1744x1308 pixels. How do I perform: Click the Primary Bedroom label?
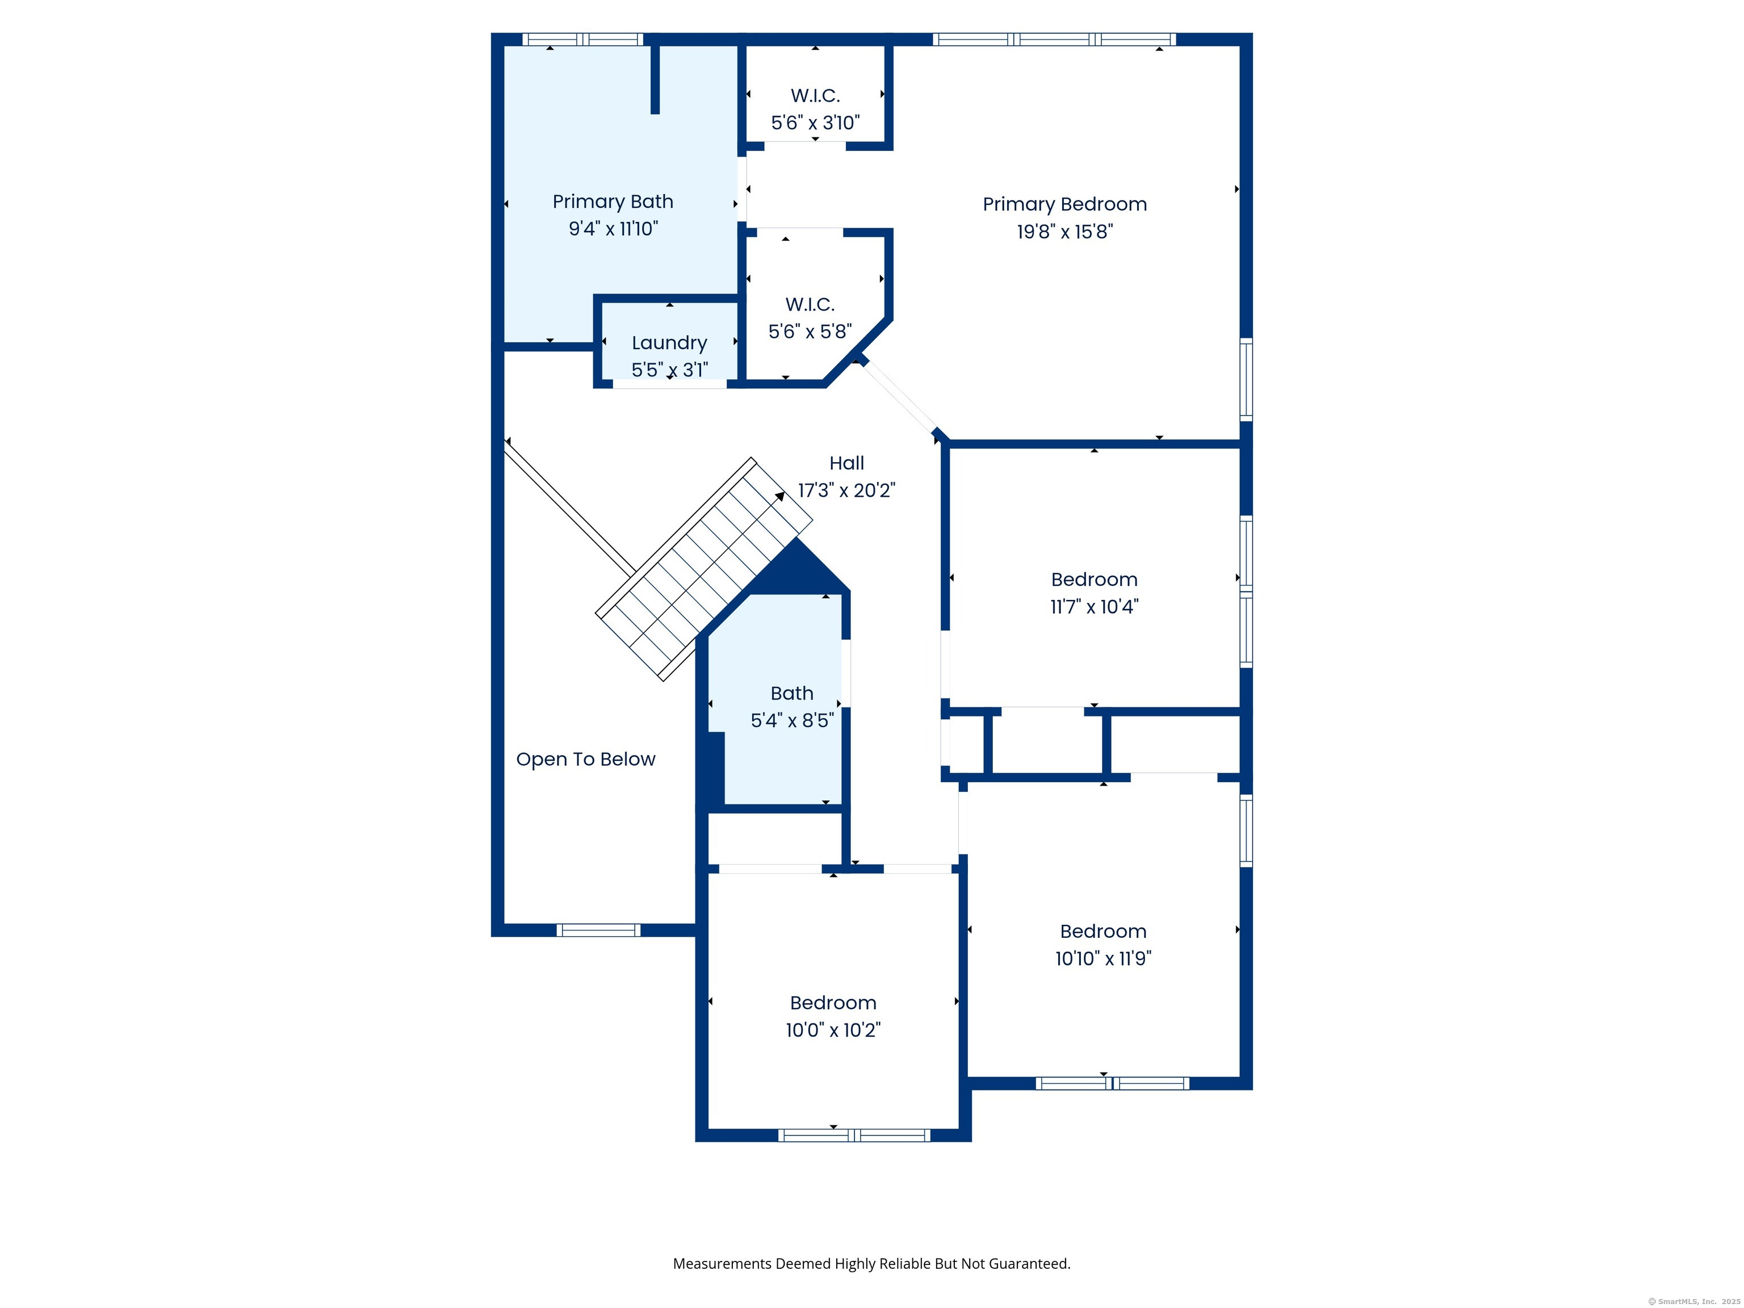pos(1064,204)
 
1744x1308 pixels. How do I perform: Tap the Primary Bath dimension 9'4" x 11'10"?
pos(613,229)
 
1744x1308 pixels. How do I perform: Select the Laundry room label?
pos(669,343)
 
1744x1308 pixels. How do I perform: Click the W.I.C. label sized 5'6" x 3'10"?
pos(815,95)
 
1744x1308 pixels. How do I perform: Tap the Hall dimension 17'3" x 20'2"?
pos(847,491)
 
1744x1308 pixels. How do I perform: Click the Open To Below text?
pos(586,759)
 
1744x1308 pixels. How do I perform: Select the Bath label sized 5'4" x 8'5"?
pos(791,693)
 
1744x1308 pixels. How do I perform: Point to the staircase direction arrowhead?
pos(780,496)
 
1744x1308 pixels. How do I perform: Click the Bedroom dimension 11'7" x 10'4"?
pos(1095,606)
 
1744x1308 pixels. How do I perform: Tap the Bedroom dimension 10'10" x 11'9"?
pos(1103,958)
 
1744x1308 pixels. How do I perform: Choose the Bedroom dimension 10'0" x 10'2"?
pos(833,1030)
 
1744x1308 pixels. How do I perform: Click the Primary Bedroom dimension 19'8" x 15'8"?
pos(1064,232)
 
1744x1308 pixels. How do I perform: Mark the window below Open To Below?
pos(598,930)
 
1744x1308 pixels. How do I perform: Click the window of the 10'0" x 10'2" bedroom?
pos(854,1135)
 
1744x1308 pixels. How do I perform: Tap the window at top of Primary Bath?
pos(582,39)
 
